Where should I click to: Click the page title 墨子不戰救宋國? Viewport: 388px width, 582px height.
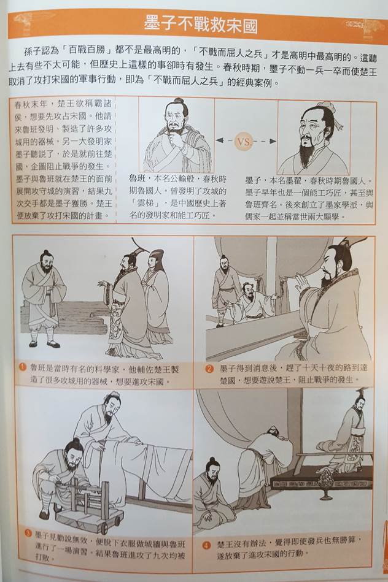pyautogui.click(x=201, y=25)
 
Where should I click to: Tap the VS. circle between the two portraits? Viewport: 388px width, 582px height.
pyautogui.click(x=244, y=142)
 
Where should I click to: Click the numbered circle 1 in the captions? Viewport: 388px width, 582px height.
pyautogui.click(x=23, y=367)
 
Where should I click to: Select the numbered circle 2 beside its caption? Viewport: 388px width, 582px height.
pyautogui.click(x=209, y=369)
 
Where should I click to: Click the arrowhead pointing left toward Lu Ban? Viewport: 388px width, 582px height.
pyautogui.click(x=219, y=141)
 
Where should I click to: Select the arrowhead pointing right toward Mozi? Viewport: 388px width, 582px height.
pyautogui.click(x=273, y=141)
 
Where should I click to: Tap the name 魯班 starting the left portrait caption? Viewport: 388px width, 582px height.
pyautogui.click(x=137, y=179)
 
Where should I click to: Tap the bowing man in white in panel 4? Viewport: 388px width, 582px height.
pyautogui.click(x=260, y=468)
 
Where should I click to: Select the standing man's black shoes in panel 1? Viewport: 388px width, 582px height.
pyautogui.click(x=45, y=345)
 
